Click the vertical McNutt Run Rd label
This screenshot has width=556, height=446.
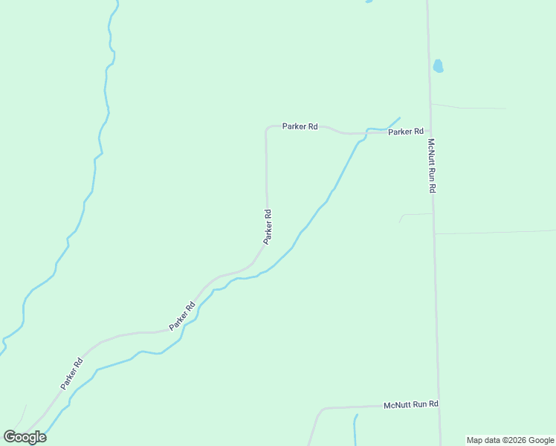(x=431, y=166)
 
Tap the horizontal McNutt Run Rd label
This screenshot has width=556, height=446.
(x=411, y=405)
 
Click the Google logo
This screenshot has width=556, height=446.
(x=25, y=437)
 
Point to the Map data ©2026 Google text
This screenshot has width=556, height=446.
(x=510, y=440)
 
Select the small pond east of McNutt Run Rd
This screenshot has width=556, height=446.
(x=438, y=66)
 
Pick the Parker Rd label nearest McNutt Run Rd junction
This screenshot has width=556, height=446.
(x=406, y=132)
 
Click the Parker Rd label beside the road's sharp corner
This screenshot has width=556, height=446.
(x=300, y=126)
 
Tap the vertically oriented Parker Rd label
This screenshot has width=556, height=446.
(x=268, y=227)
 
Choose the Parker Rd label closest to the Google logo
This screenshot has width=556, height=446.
(x=72, y=374)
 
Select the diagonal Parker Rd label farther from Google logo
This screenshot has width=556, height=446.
(x=181, y=316)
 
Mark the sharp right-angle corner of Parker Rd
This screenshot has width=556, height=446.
(x=267, y=129)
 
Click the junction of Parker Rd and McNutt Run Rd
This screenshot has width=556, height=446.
(x=430, y=132)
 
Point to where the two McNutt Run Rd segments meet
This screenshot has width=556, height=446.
(x=439, y=406)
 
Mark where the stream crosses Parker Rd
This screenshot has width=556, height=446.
(x=366, y=133)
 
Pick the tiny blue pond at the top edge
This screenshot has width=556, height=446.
(x=368, y=1)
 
